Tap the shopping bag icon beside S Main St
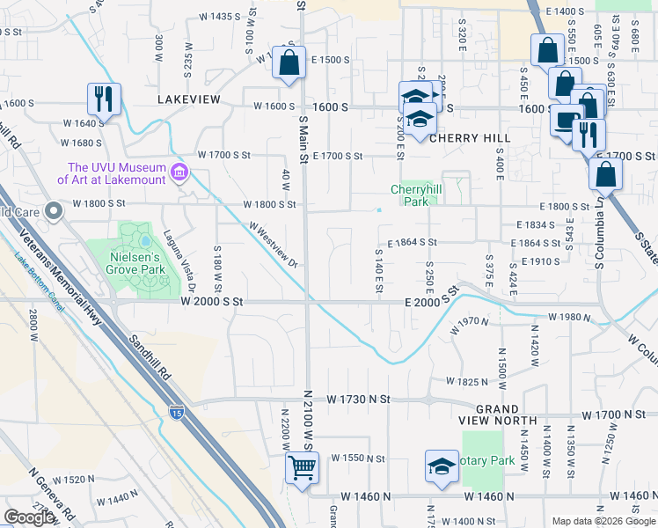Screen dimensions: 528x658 289,64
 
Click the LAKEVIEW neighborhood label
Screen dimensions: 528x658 188,99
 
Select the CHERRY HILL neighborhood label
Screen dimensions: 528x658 470,138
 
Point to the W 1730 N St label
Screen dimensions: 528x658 355,399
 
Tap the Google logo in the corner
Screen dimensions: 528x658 30,517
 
